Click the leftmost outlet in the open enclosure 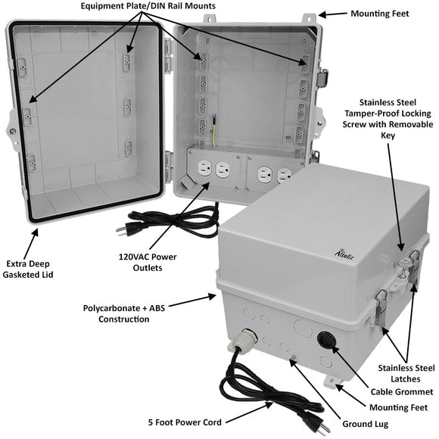pyautogui.click(x=202, y=168)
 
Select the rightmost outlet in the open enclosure pyautogui.click(x=284, y=176)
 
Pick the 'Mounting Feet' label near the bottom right pyautogui.click(x=394, y=407)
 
